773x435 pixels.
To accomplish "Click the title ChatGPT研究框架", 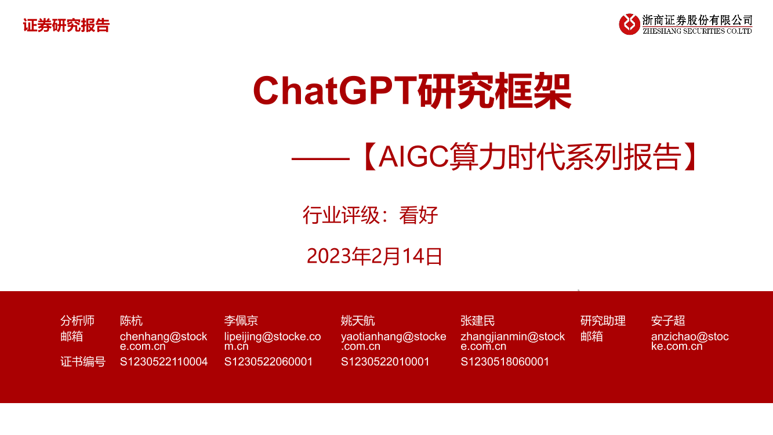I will pyautogui.click(x=412, y=91).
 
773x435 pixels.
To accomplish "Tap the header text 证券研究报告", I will pyautogui.click(x=66, y=26).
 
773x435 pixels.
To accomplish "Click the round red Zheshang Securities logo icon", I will pyautogui.click(x=629, y=24).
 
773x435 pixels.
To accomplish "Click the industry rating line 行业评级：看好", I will pyautogui.click(x=370, y=216).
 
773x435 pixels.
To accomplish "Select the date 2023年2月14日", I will pyautogui.click(x=375, y=256).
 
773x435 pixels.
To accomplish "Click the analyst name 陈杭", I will pyautogui.click(x=131, y=321).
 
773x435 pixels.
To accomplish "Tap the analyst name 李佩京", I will pyautogui.click(x=241, y=321).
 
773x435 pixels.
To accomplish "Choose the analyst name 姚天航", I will pyautogui.click(x=358, y=321).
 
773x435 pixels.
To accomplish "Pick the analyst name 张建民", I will pyautogui.click(x=478, y=321).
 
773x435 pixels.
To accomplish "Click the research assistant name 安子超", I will pyautogui.click(x=668, y=321).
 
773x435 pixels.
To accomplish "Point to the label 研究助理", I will pyautogui.click(x=603, y=321).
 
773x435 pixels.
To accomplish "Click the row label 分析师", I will pyautogui.click(x=77, y=321).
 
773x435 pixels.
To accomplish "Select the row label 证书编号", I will pyautogui.click(x=83, y=362).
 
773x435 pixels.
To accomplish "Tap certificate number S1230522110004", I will pyautogui.click(x=164, y=362).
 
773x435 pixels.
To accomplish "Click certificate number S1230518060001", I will pyautogui.click(x=505, y=362).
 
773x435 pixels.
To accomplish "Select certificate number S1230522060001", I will pyautogui.click(x=268, y=362).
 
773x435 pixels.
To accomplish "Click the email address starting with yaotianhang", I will pyautogui.click(x=394, y=341).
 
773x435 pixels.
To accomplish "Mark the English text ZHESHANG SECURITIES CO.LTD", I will pyautogui.click(x=697, y=31).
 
